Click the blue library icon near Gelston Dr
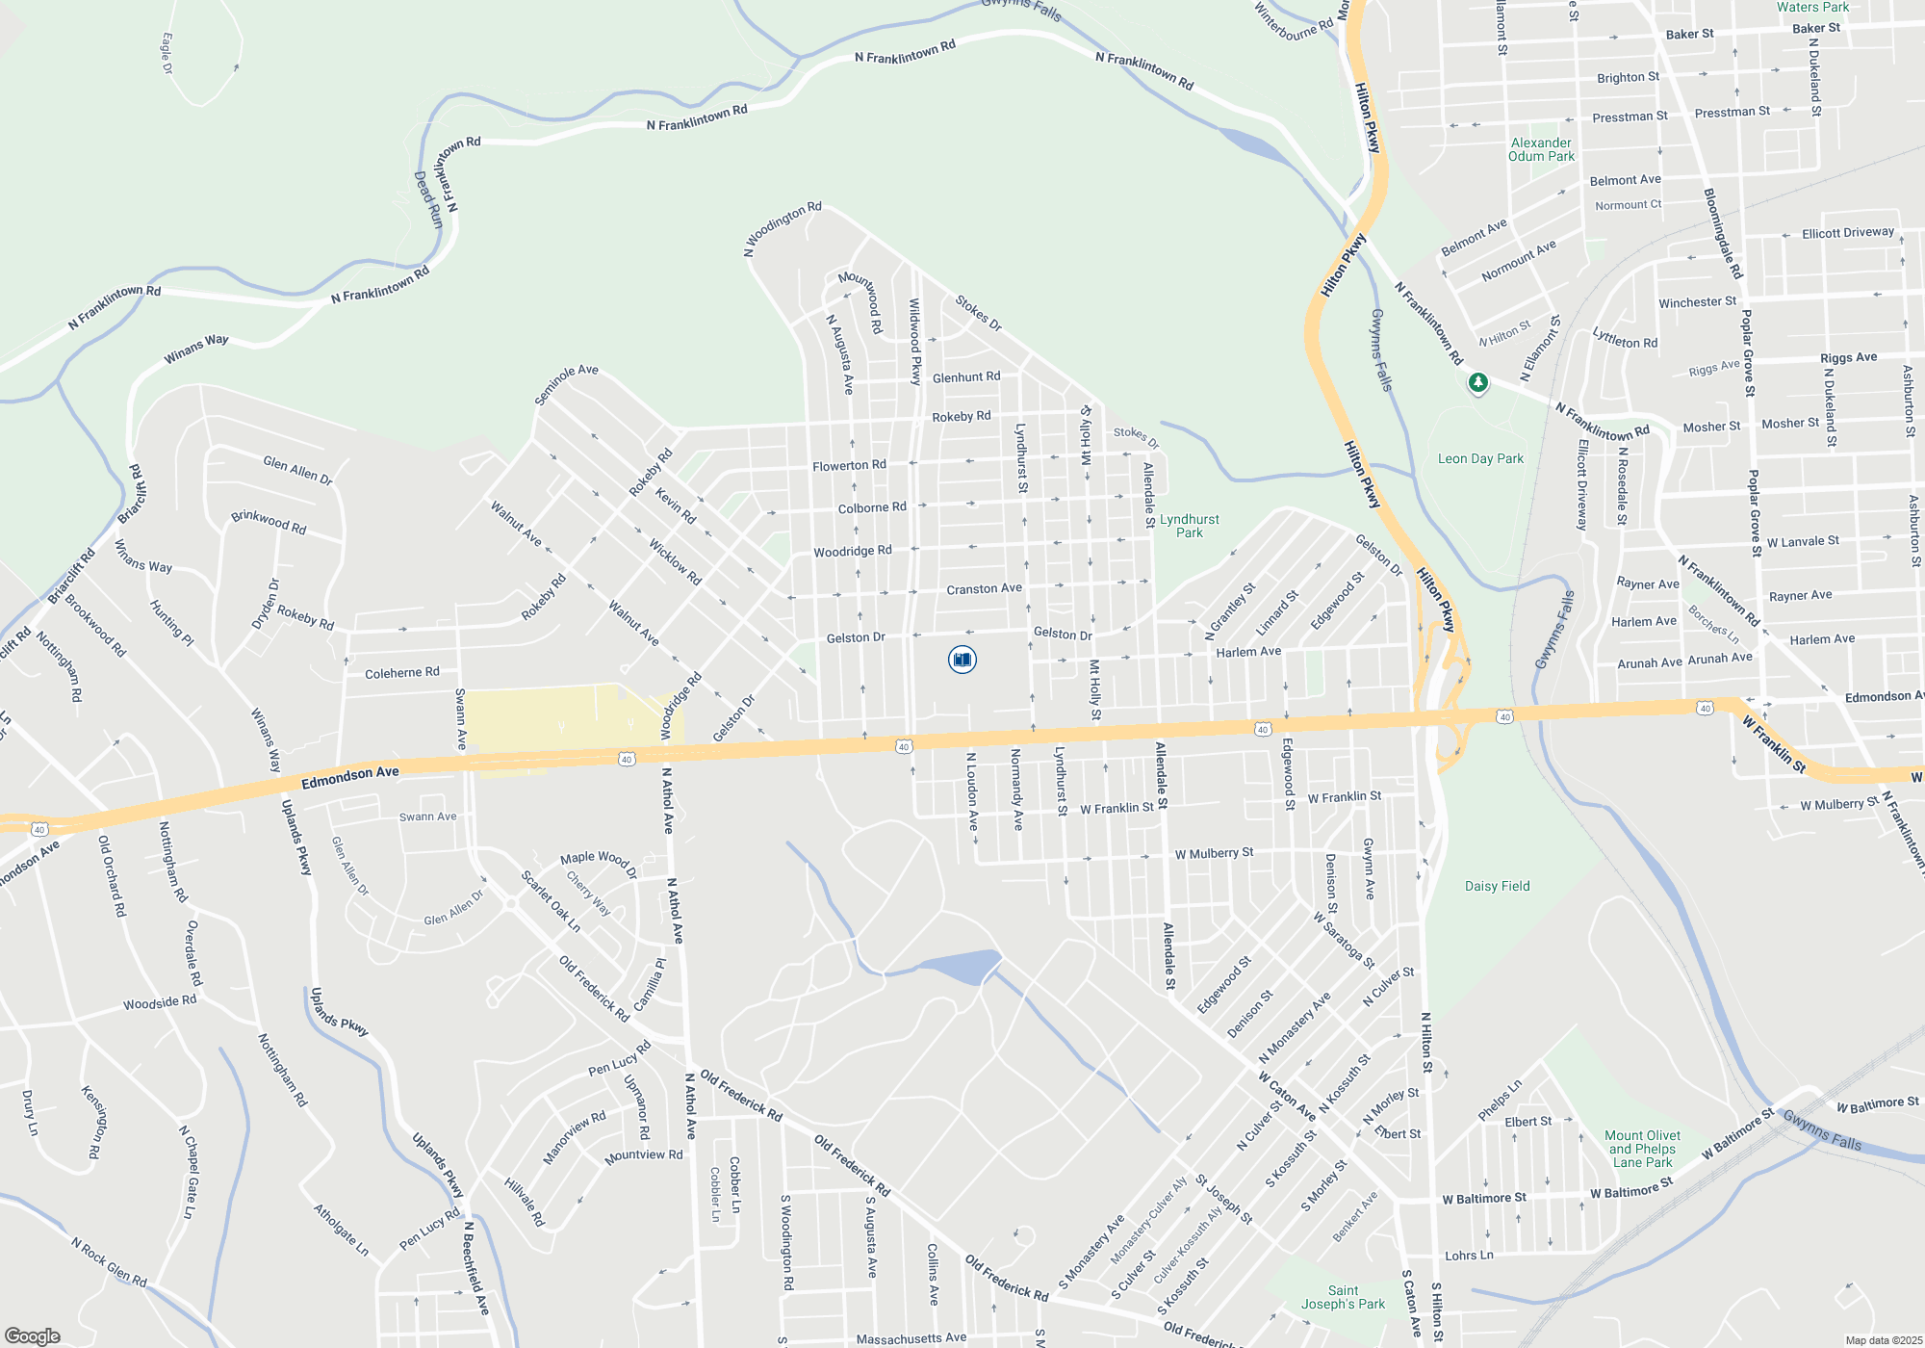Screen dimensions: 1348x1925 [962, 660]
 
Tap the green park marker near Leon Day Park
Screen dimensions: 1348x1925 [1477, 383]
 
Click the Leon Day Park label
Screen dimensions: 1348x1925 [1480, 459]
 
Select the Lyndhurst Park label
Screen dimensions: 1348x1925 [1189, 526]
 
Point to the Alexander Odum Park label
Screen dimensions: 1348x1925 [1541, 149]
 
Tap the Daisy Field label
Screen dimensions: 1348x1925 [1497, 887]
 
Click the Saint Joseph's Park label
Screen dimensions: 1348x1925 [1343, 1297]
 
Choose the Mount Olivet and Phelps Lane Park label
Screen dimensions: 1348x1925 [1642, 1149]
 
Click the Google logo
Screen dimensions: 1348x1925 [33, 1335]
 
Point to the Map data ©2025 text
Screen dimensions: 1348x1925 [1884, 1340]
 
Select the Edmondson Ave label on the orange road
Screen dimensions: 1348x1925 [349, 778]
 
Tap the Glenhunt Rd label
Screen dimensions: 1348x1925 [966, 377]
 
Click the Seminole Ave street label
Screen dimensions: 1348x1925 [567, 385]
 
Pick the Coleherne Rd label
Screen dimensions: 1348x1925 [401, 673]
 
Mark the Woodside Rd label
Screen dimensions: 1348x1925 [160, 1002]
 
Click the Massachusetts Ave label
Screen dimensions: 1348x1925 [911, 1338]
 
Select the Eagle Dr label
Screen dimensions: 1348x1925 [167, 53]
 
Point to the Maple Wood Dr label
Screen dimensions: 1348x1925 [599, 863]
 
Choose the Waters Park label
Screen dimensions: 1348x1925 [1812, 8]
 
